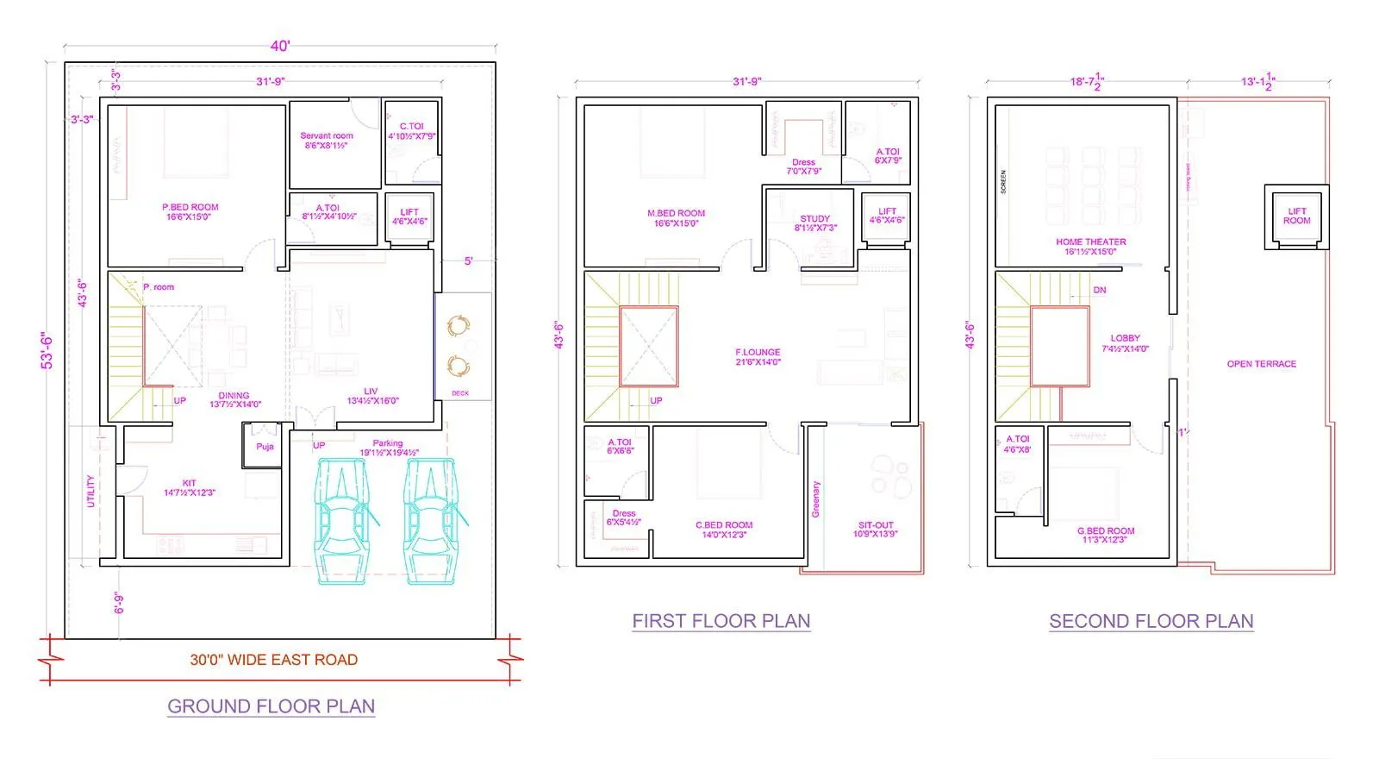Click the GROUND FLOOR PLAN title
click(271, 706)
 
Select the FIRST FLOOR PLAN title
click(721, 621)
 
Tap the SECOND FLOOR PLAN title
click(1151, 621)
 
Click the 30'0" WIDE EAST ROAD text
click(273, 660)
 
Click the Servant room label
click(326, 136)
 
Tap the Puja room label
click(265, 447)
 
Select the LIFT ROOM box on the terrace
click(1296, 216)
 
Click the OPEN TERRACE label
click(1261, 364)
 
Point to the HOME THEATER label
click(1090, 242)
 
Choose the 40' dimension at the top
click(280, 47)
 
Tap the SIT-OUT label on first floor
click(876, 525)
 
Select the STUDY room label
click(814, 219)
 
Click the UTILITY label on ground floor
click(90, 491)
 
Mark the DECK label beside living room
click(460, 393)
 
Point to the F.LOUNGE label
click(758, 353)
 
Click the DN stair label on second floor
click(1099, 291)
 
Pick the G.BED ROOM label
click(1106, 531)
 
